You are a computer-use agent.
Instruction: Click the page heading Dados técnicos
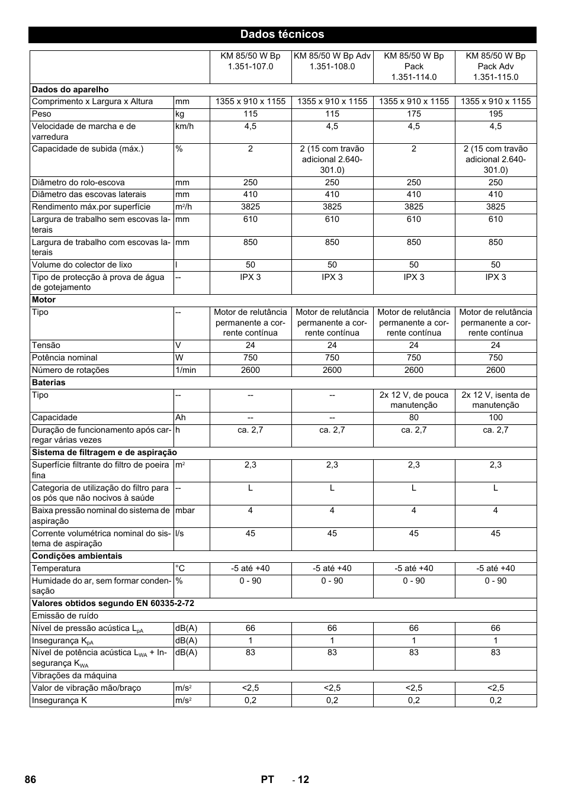(282, 34)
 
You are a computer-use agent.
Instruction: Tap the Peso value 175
(414, 114)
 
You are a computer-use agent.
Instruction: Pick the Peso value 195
(496, 114)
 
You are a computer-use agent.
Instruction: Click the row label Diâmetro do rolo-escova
(79, 182)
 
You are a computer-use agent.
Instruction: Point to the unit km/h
(184, 126)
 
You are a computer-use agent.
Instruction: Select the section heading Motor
(44, 299)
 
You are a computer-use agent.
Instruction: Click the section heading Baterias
(49, 382)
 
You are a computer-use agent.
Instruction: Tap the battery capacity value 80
(414, 417)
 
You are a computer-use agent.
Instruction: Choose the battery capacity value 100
(496, 417)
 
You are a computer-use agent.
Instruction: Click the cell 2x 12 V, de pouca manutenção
(414, 400)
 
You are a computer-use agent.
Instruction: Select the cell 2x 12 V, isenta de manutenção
(496, 400)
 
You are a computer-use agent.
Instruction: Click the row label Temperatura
(56, 568)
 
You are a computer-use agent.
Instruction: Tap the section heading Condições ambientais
(77, 556)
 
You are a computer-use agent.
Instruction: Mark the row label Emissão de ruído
(65, 616)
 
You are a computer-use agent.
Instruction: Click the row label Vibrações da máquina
(74, 675)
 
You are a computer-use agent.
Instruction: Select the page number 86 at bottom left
(31, 779)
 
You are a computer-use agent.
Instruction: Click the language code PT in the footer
(267, 779)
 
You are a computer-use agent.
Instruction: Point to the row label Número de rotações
(70, 370)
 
